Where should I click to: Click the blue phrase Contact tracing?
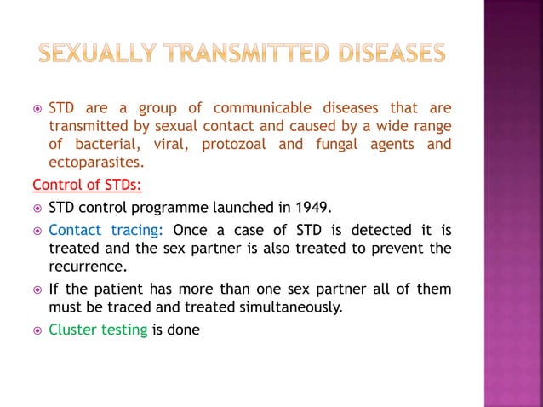pos(110,230)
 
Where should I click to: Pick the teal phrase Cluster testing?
pos(98,329)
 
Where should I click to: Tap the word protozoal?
pos(236,144)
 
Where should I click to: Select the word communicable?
pos(266,108)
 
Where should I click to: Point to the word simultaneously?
pos(288,307)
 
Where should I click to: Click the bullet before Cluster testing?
pos(37,330)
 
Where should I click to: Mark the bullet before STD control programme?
pos(37,208)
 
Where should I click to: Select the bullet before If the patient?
pos(37,289)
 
